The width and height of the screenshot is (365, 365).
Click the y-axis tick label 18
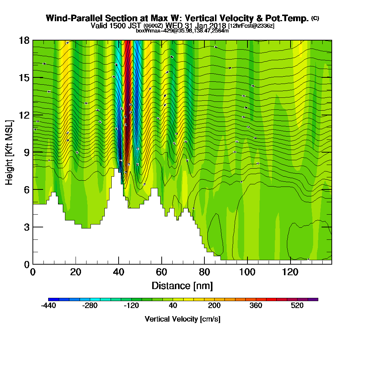24,41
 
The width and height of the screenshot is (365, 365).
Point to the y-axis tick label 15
24,78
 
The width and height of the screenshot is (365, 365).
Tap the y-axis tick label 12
24,115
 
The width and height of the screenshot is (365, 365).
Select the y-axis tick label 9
26,152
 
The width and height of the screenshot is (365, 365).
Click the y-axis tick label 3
26,227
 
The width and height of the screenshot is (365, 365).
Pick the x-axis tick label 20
76,272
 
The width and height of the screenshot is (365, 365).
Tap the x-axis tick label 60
162,272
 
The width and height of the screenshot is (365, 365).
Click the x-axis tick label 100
247,272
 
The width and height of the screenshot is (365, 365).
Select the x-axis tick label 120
291,272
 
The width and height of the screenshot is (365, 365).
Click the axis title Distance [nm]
182,285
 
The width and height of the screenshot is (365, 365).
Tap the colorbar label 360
255,306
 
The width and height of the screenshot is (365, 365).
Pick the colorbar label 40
173,306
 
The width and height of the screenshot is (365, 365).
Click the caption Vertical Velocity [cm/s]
182,319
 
